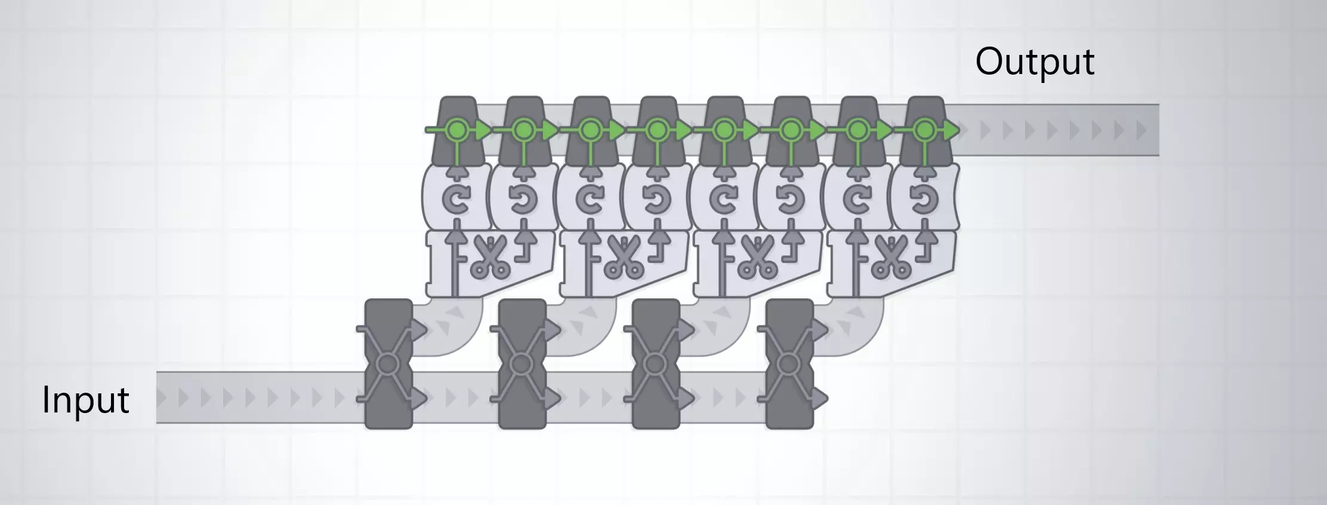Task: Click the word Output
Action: pyautogui.click(x=1035, y=62)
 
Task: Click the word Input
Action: pyautogui.click(x=85, y=400)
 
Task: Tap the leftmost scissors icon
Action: pyautogui.click(x=490, y=257)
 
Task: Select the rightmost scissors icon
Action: pyautogui.click(x=891, y=257)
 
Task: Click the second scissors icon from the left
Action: pyautogui.click(x=624, y=257)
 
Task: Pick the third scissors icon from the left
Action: pyautogui.click(x=757, y=257)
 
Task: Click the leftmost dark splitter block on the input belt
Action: pyautogui.click(x=388, y=364)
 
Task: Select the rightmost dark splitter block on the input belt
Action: pyautogui.click(x=789, y=364)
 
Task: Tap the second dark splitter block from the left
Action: pyautogui.click(x=522, y=364)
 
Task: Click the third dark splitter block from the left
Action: pyautogui.click(x=656, y=364)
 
